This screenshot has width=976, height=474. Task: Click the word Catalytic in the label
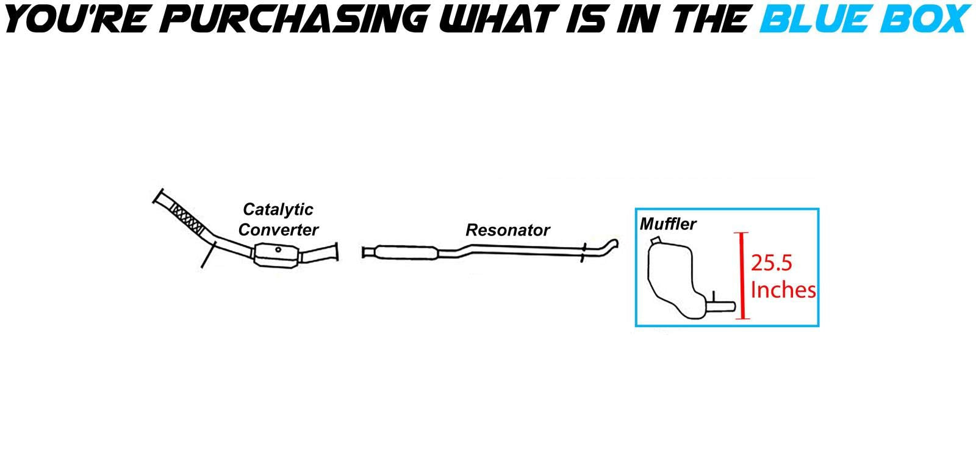[278, 209]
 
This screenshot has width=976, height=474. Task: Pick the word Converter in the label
[278, 230]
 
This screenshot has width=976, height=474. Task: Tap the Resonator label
[508, 230]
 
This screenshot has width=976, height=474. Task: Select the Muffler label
[668, 224]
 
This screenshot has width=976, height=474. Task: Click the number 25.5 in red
[771, 263]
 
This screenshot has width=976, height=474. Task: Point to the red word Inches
[783, 290]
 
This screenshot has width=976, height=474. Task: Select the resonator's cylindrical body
[406, 251]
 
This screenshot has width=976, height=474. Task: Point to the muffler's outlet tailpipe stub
[722, 303]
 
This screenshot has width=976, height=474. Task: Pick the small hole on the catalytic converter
[278, 249]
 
